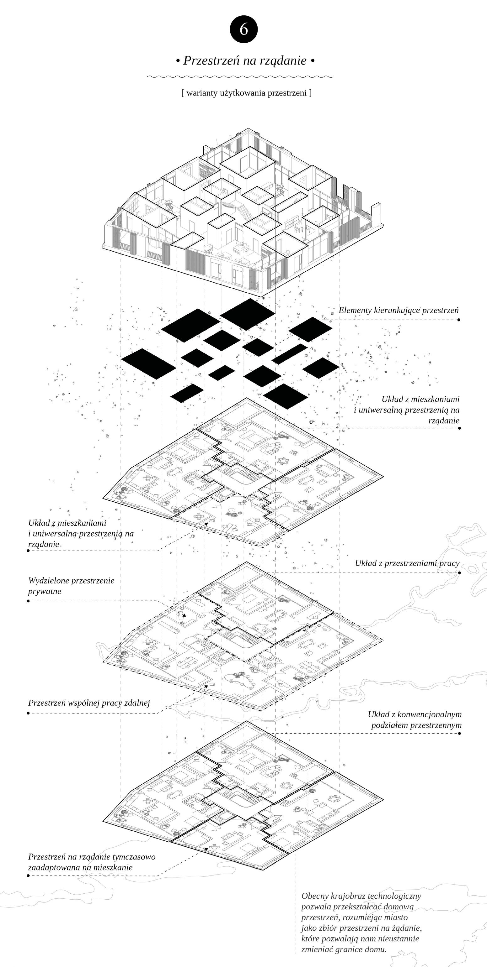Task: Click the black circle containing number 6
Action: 243,29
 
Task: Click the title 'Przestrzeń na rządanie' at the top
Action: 245,60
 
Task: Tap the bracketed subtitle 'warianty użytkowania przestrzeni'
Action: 247,93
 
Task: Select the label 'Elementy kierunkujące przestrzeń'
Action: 398,311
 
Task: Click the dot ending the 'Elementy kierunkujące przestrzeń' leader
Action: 459,320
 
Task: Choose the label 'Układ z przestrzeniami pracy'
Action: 407,563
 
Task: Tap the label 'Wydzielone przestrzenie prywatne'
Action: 71,586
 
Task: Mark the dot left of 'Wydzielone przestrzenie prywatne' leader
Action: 28,601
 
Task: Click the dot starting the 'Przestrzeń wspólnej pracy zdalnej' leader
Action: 28,713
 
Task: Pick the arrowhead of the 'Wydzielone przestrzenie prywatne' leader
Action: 184,615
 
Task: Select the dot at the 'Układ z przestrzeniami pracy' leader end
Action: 459,573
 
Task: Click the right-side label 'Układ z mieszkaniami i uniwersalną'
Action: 407,410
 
